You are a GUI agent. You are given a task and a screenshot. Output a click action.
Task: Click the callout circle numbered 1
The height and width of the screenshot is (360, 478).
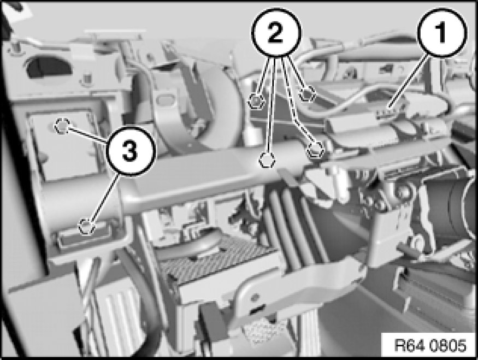[x=442, y=33]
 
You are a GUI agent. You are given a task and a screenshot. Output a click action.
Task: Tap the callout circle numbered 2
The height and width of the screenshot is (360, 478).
[x=275, y=33]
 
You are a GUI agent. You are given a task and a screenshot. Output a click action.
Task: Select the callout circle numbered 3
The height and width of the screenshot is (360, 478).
[x=130, y=151]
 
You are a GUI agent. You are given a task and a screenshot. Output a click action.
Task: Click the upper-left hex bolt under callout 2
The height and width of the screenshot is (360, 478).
[x=257, y=101]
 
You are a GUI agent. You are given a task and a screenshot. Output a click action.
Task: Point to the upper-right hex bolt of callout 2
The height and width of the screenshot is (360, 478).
[x=307, y=93]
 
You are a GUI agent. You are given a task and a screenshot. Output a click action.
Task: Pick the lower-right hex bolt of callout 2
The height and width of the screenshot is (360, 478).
[x=315, y=150]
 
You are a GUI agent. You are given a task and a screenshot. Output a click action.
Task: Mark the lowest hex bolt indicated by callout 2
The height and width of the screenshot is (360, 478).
[x=267, y=160]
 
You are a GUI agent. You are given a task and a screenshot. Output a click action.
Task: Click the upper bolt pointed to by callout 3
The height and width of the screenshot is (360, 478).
[x=62, y=126]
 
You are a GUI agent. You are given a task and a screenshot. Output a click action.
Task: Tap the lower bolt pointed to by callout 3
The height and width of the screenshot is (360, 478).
[x=86, y=227]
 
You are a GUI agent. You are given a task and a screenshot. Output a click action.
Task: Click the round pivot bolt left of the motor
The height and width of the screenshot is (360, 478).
[x=404, y=191]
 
